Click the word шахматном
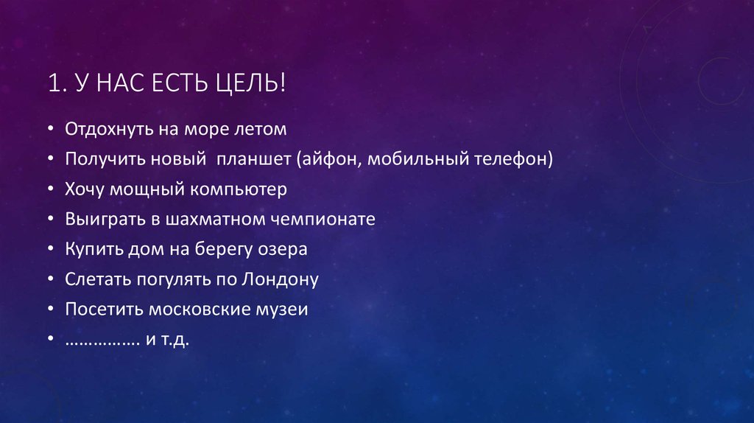[223, 219]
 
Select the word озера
[282, 249]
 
